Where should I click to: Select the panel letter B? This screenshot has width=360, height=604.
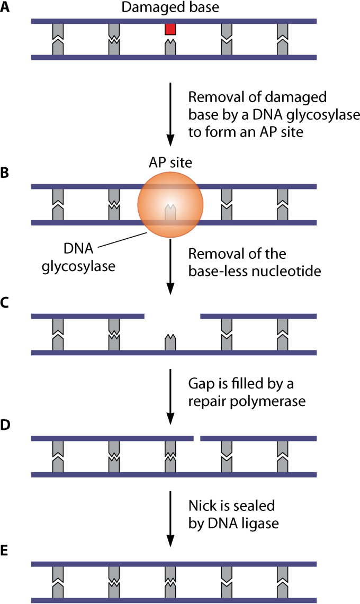click(x=6, y=173)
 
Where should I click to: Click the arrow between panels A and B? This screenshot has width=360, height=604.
click(x=170, y=113)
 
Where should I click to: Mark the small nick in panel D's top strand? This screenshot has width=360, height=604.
click(x=196, y=438)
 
